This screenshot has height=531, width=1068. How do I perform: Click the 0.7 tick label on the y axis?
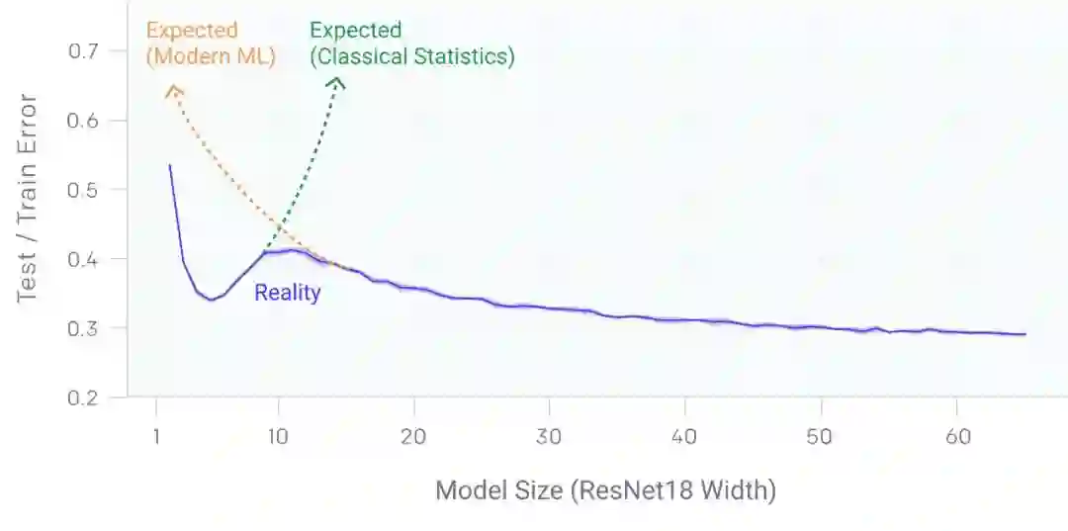pos(83,51)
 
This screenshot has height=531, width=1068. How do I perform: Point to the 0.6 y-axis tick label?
pos(83,121)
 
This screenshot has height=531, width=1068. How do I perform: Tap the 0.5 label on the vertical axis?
pos(83,190)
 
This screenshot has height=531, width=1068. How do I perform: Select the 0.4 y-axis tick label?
pos(83,259)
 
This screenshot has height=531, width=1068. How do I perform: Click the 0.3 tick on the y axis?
pos(83,328)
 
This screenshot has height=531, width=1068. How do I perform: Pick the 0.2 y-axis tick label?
pos(83,398)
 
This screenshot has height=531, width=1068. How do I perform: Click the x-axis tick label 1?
pos(156,436)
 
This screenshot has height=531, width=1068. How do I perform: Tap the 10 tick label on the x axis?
pos(279,436)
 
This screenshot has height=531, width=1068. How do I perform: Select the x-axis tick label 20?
pos(413,436)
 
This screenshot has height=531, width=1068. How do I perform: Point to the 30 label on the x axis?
pos(549,436)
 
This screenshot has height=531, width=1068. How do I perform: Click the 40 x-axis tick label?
pos(685,436)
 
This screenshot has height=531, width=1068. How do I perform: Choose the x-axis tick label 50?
pos(821,436)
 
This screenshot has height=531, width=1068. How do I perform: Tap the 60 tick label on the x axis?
pos(956,436)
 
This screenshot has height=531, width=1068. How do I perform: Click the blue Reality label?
pos(288,293)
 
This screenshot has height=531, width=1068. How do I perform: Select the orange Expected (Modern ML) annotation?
pos(211,44)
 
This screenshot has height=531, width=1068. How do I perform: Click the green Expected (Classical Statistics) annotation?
pos(411,44)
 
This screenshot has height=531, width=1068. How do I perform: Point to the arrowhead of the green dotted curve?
pos(337,83)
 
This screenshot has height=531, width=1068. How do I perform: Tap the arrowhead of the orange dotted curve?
pos(173,90)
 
